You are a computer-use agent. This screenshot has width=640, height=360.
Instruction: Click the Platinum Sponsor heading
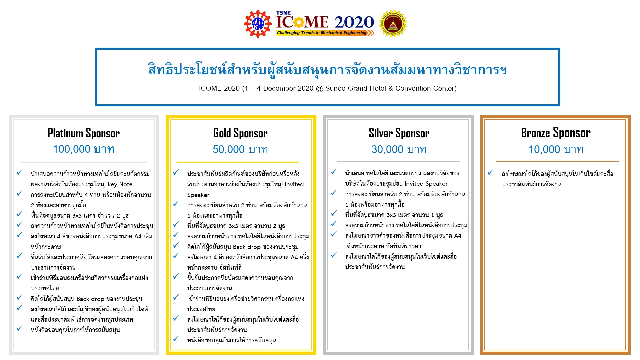click(x=84, y=133)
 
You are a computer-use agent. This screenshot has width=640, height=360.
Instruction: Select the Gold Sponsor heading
click(x=240, y=133)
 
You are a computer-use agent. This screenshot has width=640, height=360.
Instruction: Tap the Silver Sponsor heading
click(x=399, y=133)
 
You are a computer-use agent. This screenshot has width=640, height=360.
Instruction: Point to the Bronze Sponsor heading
click(x=556, y=133)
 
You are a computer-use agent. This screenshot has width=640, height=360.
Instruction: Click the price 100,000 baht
click(x=84, y=149)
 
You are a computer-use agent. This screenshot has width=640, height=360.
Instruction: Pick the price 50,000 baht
click(x=240, y=149)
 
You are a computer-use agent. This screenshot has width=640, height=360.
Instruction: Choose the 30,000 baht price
click(x=399, y=149)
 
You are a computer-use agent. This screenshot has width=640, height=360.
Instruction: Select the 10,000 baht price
click(x=556, y=149)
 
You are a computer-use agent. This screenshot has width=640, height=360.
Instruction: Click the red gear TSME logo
click(x=258, y=23)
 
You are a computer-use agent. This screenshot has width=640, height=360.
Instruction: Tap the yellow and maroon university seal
click(x=393, y=23)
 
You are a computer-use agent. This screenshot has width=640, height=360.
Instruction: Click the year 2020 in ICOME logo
click(x=354, y=22)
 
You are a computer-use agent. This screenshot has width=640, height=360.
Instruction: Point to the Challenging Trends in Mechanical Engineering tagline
click(x=322, y=33)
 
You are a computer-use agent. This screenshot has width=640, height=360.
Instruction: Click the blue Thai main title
click(x=328, y=70)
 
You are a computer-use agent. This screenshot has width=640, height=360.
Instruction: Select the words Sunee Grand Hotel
click(x=356, y=88)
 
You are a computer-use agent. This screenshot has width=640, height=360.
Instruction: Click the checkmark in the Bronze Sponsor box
click(x=490, y=173)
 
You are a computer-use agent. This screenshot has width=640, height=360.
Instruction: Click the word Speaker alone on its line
click(x=198, y=195)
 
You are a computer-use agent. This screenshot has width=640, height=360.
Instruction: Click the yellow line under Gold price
click(x=238, y=162)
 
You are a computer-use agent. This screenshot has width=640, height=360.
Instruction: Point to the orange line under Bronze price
click(x=557, y=161)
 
